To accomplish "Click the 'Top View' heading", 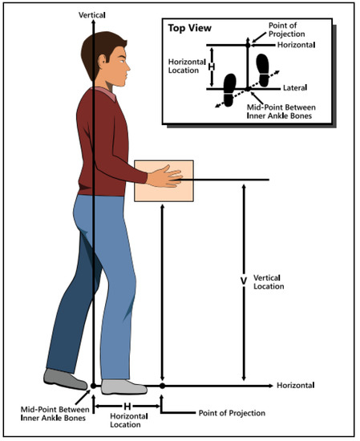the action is pyautogui.click(x=189, y=28).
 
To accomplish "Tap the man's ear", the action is pyautogui.click(x=102, y=60).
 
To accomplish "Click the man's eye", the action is pyautogui.click(x=122, y=61).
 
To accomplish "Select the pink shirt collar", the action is pyautogui.click(x=107, y=93).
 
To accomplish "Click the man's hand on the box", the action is pyautogui.click(x=164, y=177).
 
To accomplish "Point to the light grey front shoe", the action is pyautogui.click(x=124, y=386).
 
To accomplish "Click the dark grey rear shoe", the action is pyautogui.click(x=65, y=379).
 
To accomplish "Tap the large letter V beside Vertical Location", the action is pyautogui.click(x=244, y=281).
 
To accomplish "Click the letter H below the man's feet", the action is pyautogui.click(x=127, y=407).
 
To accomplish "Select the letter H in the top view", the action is pyautogui.click(x=212, y=67).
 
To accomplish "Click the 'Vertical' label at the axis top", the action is pyautogui.click(x=92, y=15).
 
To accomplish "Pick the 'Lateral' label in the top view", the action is pyautogui.click(x=295, y=88).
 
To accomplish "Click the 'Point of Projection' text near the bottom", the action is pyautogui.click(x=232, y=413).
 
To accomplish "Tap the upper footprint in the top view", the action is pyautogui.click(x=263, y=70).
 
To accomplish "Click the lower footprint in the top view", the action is pyautogui.click(x=230, y=90).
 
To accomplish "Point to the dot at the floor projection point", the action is pyautogui.click(x=162, y=386).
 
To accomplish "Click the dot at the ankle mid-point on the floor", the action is pyautogui.click(x=93, y=386).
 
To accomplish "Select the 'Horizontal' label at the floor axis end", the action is pyautogui.click(x=295, y=385).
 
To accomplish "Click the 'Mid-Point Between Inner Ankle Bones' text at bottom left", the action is pyautogui.click(x=55, y=414).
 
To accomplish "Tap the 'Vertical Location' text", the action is pyautogui.click(x=269, y=282).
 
